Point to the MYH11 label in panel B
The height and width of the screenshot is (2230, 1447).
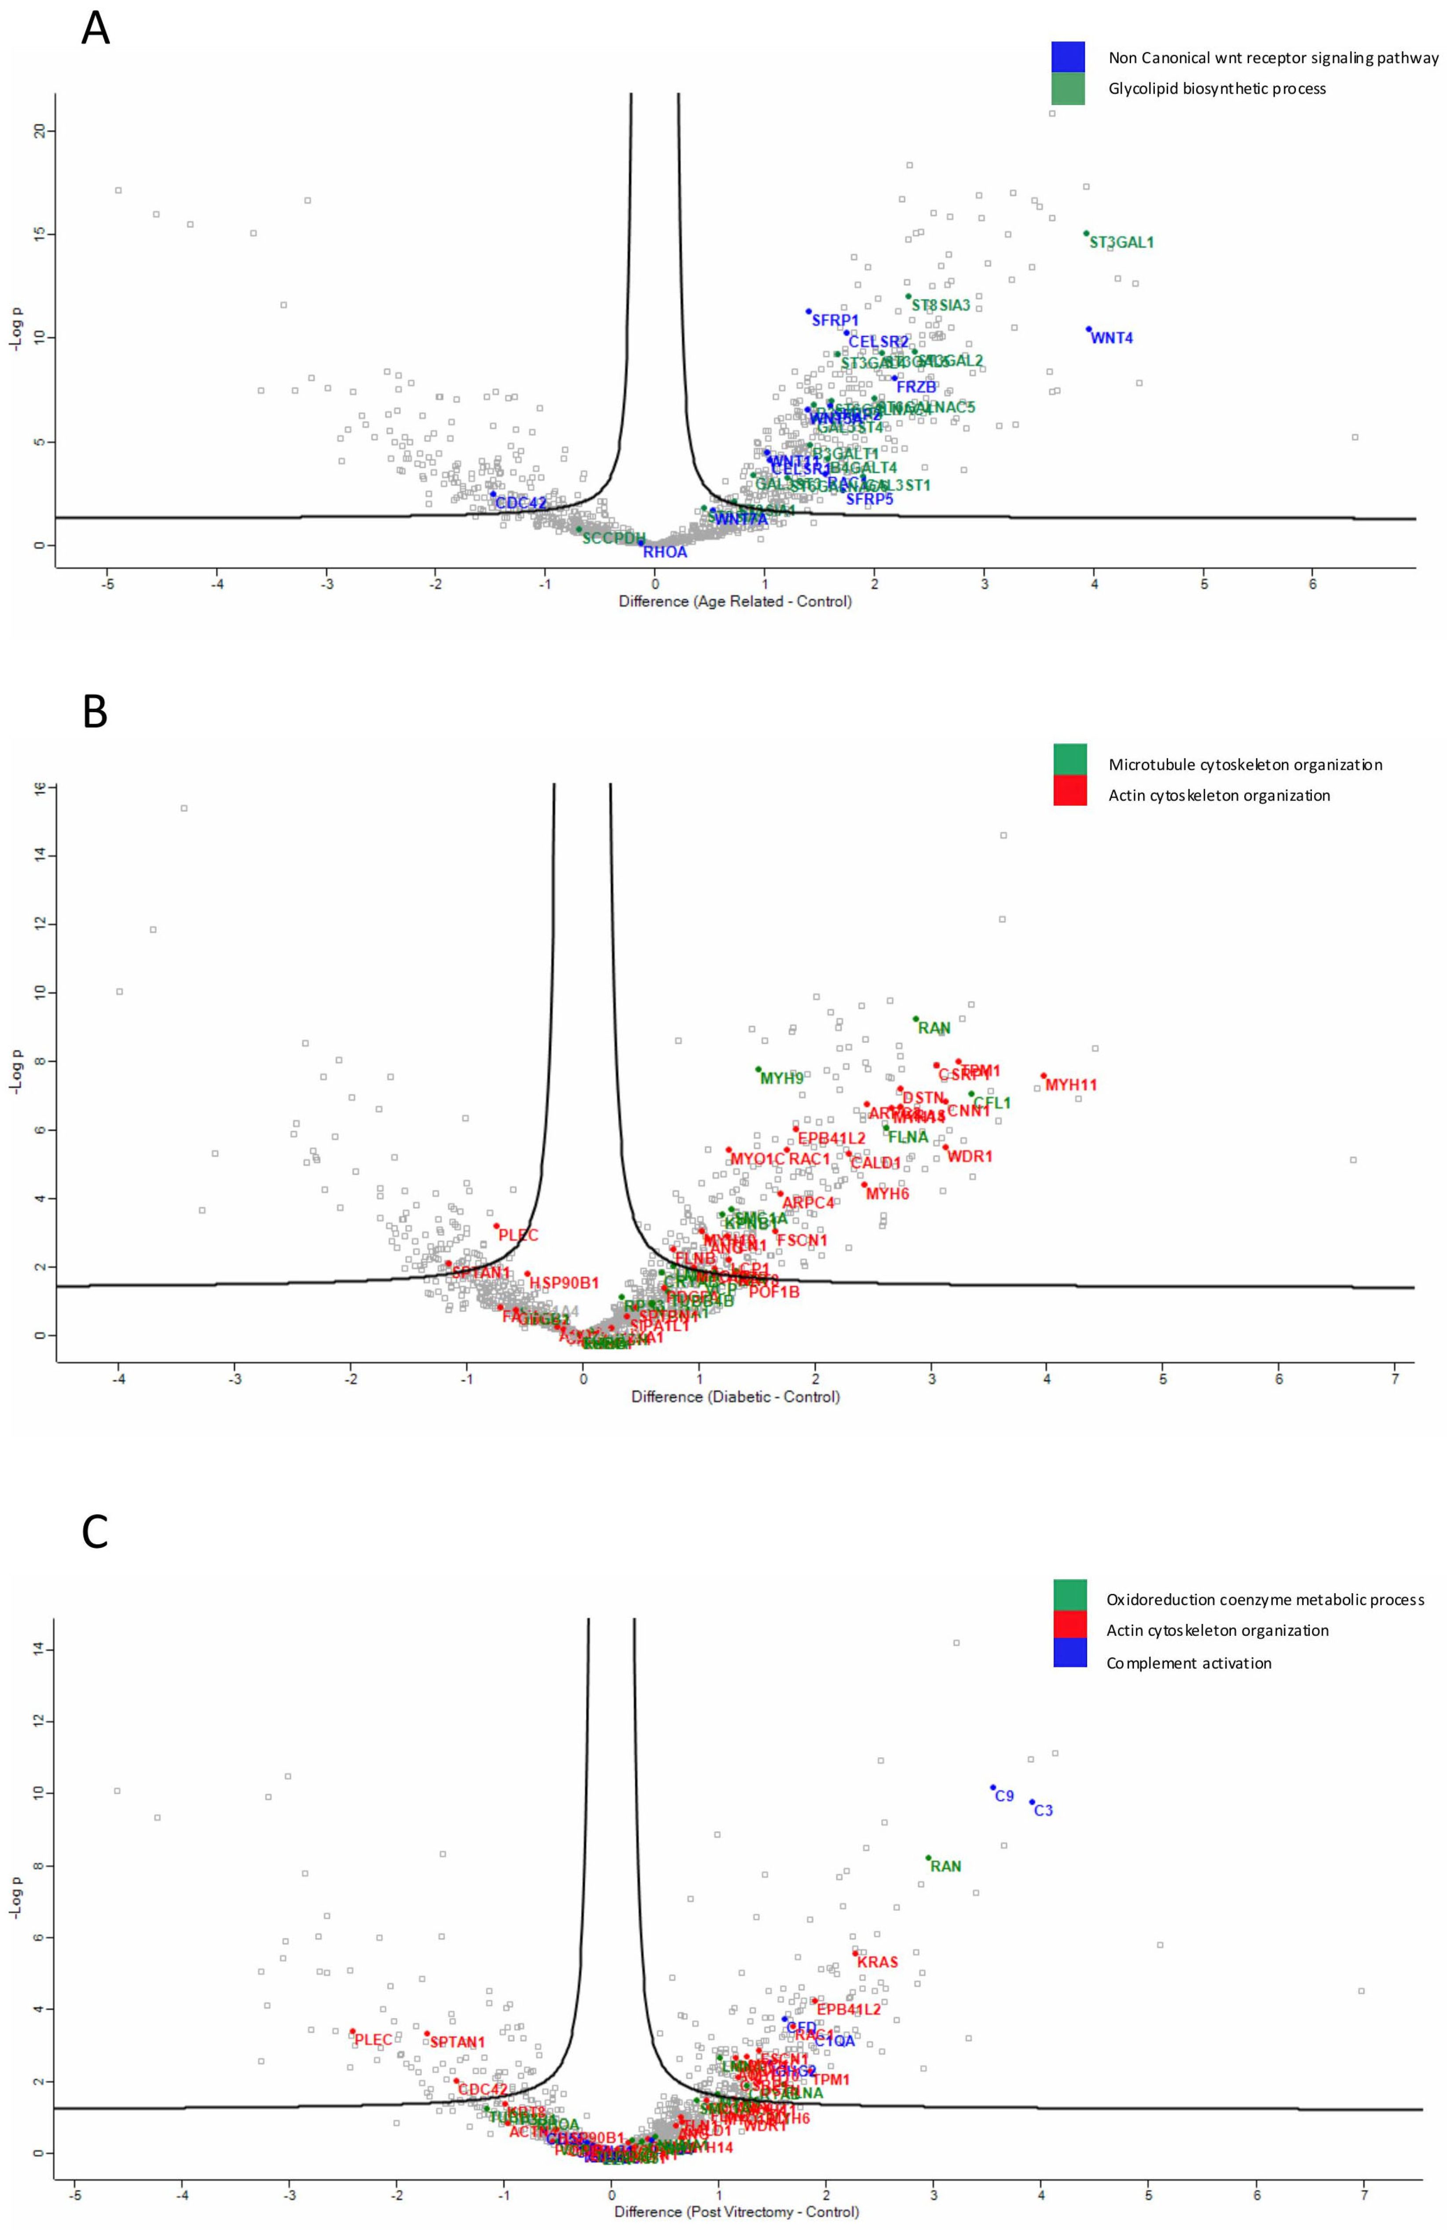(1071, 1085)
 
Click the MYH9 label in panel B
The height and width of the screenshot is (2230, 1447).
(782, 1078)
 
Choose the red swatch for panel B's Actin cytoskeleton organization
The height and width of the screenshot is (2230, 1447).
(1070, 790)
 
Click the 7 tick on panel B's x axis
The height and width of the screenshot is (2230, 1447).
(1394, 1379)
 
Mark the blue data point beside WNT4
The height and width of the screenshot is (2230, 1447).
(1088, 329)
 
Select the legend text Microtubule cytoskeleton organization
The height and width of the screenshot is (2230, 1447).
(1245, 764)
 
